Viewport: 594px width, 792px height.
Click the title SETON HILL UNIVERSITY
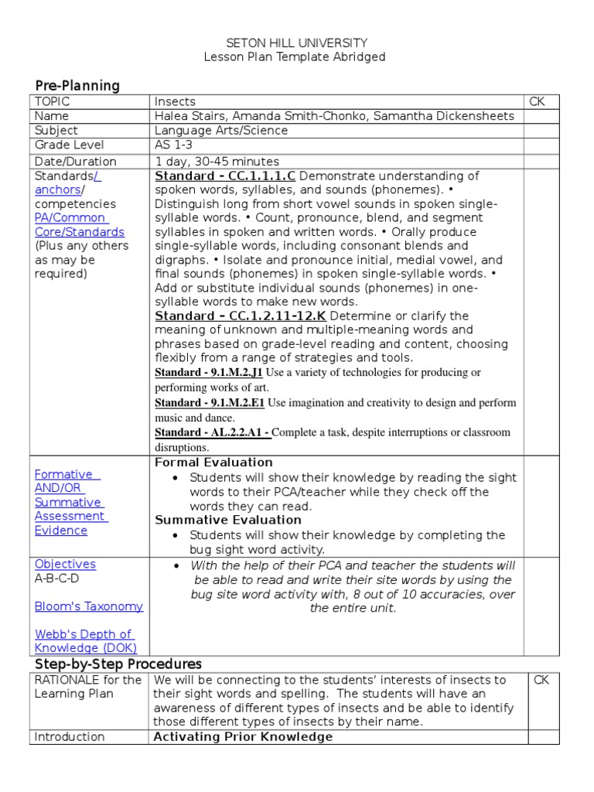296,43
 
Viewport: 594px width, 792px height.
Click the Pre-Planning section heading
77,86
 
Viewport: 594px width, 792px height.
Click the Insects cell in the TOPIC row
175,101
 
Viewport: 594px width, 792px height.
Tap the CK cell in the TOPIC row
537,101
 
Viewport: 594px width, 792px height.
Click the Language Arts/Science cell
221,131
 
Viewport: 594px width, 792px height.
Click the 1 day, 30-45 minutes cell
217,162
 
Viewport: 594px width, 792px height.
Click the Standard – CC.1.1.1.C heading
225,176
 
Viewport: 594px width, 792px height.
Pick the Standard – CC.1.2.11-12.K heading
241,316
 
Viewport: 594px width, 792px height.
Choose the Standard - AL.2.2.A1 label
212,433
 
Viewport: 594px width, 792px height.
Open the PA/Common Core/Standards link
79,225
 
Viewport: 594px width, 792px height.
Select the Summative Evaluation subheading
228,520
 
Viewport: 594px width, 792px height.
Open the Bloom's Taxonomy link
89,606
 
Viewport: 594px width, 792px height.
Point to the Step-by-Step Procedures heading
118,664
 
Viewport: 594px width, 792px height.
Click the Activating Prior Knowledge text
243,736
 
